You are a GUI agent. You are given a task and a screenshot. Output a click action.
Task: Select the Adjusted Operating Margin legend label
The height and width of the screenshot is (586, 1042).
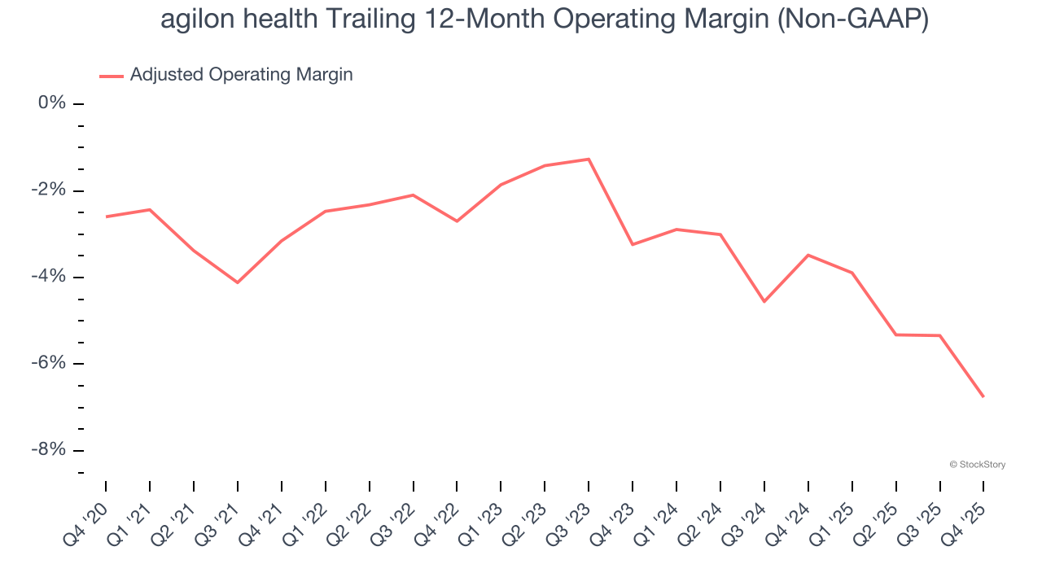(241, 75)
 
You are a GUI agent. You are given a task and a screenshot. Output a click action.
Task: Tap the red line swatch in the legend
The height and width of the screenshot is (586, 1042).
(112, 77)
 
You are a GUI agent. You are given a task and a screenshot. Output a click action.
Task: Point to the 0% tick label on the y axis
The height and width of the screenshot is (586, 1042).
(51, 103)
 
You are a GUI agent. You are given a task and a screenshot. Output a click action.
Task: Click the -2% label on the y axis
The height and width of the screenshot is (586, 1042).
(48, 190)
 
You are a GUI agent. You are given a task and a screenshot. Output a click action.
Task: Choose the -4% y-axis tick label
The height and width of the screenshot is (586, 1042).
(48, 277)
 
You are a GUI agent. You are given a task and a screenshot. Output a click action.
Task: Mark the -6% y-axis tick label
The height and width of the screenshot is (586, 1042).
(48, 363)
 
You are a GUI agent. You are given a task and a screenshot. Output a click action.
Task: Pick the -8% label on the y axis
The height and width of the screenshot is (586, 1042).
(48, 450)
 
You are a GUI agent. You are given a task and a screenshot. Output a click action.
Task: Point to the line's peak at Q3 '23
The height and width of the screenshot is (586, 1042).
(589, 159)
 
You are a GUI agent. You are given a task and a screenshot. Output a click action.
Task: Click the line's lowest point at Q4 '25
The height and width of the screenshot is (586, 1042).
(983, 396)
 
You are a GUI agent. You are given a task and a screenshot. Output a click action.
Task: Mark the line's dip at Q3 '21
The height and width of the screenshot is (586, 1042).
(238, 282)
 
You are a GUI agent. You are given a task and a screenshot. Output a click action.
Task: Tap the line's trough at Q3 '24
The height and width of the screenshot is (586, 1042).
(764, 301)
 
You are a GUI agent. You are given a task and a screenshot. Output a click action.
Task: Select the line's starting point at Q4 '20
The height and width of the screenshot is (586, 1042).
(106, 216)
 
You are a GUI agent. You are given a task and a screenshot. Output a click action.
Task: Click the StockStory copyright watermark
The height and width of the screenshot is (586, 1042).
(977, 465)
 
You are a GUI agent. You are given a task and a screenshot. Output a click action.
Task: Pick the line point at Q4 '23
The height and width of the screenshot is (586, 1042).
(633, 244)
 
